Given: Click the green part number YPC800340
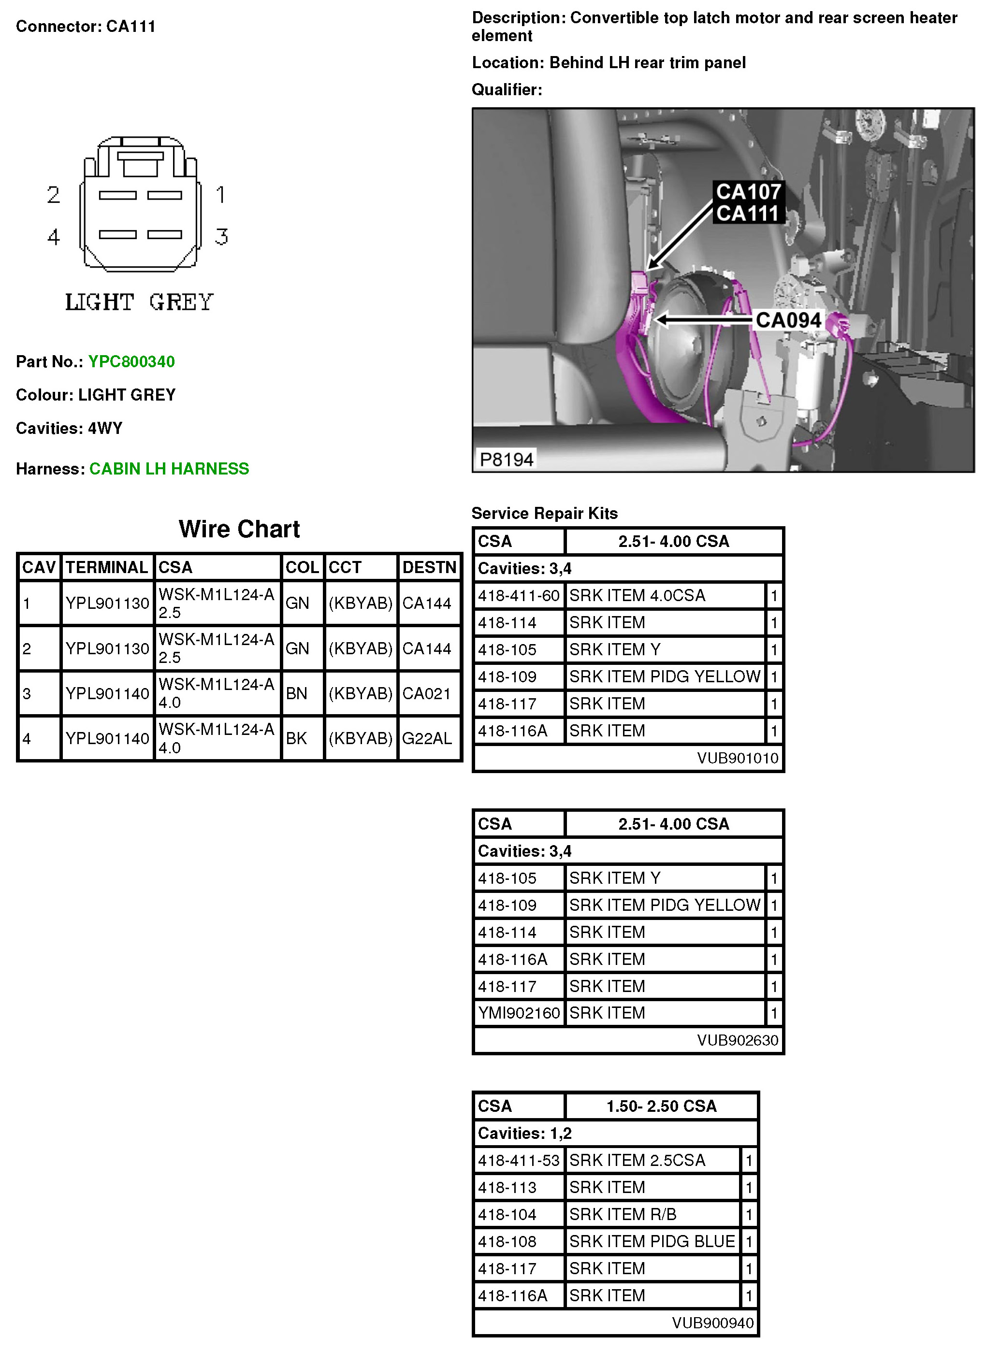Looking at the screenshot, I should click(131, 361).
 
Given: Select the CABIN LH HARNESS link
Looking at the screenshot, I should click(169, 469).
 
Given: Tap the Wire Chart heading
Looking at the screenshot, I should click(239, 529).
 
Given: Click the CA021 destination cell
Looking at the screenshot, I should click(426, 693).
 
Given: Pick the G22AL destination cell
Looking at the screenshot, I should click(427, 739).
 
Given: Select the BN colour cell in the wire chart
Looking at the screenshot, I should click(297, 693).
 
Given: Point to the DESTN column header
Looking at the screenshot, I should click(429, 567).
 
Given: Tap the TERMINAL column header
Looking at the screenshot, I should click(107, 567).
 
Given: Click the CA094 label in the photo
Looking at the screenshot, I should click(788, 320).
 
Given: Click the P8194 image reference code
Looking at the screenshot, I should click(506, 460).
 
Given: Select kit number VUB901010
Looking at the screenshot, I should click(738, 759).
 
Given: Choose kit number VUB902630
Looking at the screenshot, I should click(738, 1041).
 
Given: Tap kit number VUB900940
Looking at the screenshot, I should click(712, 1323).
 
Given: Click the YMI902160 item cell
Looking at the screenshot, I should click(519, 1013).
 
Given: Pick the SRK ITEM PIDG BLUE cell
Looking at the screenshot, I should click(652, 1242).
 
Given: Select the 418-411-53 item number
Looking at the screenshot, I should click(519, 1161).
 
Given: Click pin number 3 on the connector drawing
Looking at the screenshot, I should click(221, 237).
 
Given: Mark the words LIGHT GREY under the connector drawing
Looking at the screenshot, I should click(139, 302).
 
